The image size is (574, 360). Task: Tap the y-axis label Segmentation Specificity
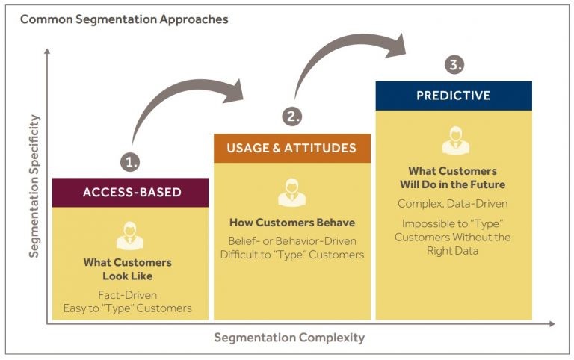coord(34,186)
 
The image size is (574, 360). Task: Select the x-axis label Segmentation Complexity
coord(289,338)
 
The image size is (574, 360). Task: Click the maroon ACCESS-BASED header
coord(131,193)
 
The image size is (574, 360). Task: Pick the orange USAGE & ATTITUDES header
coord(292,148)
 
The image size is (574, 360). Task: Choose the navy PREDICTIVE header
coord(454,96)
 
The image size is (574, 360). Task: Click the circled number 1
coord(130,161)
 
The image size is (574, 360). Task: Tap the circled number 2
coord(291,117)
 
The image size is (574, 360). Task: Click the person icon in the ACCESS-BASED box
coord(129,235)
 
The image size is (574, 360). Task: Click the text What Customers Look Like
coord(128,270)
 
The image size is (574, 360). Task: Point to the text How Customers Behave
coord(292,223)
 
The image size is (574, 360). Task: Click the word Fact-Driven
coord(128,295)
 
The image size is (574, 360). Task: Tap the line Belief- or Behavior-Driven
coord(292,240)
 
